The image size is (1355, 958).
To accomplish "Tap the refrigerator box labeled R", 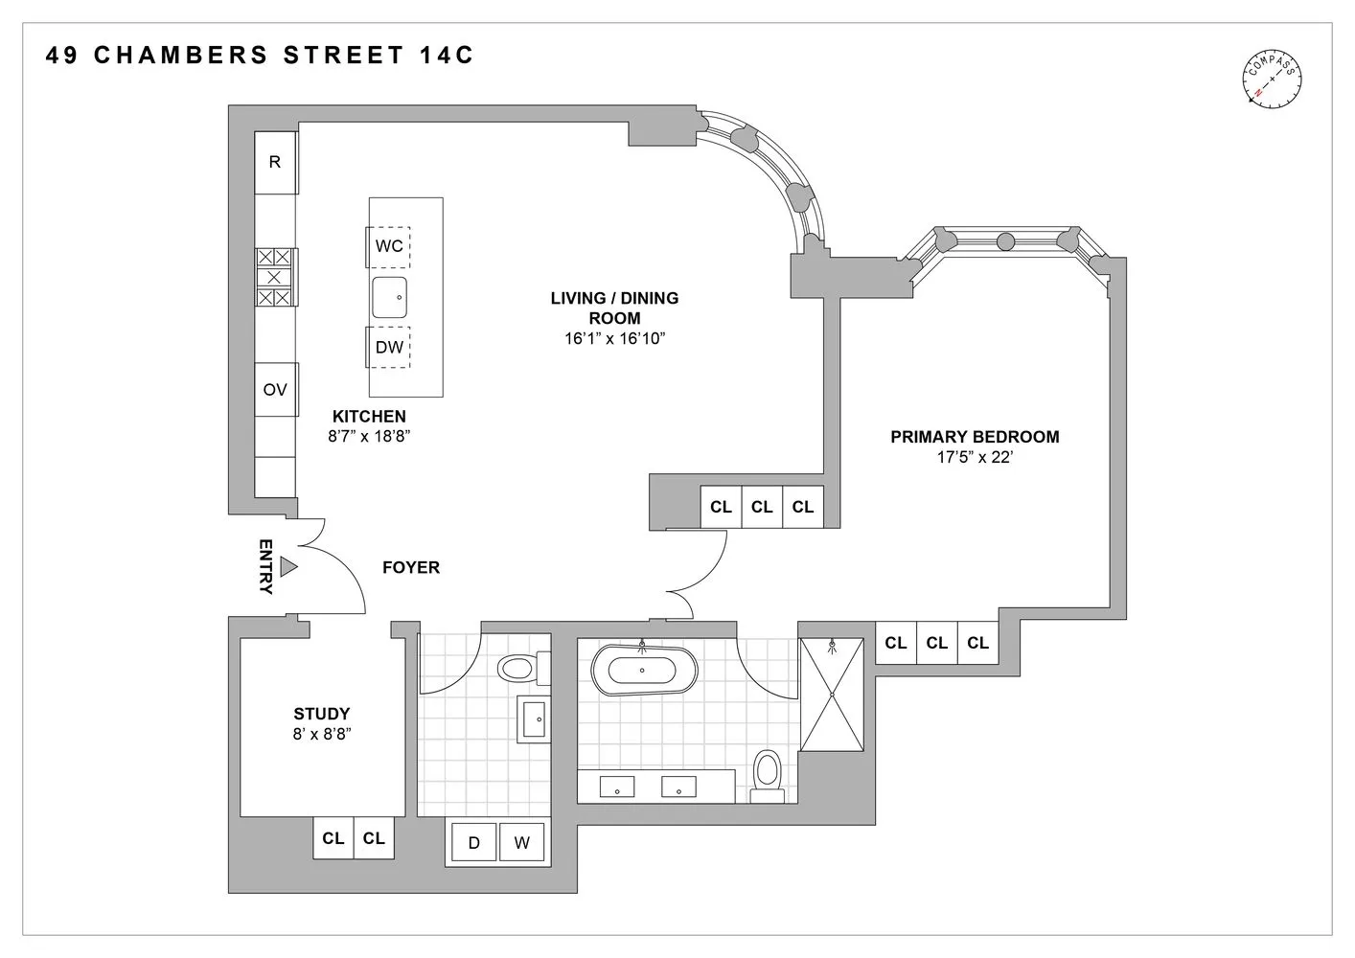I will pyautogui.click(x=275, y=162).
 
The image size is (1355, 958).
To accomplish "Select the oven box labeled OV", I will pyautogui.click(x=275, y=390).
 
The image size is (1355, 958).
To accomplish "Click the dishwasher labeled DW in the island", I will pyautogui.click(x=389, y=347).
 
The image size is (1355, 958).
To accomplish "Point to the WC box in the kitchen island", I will pyautogui.click(x=389, y=246).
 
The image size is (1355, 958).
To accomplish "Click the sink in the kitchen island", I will pyautogui.click(x=390, y=297).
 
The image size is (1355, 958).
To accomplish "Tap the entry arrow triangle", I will pyautogui.click(x=288, y=567).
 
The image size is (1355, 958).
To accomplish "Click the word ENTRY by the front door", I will pyautogui.click(x=265, y=567).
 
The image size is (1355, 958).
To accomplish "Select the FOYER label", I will pyautogui.click(x=411, y=567).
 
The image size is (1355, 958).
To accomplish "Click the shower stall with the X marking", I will pyautogui.click(x=832, y=695).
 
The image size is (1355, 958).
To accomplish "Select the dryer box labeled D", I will pyautogui.click(x=473, y=843).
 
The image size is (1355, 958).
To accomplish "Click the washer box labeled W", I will pyautogui.click(x=521, y=843).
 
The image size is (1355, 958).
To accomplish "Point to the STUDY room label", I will pyautogui.click(x=322, y=714).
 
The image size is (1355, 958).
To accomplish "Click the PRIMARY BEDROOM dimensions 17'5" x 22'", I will pyautogui.click(x=975, y=458).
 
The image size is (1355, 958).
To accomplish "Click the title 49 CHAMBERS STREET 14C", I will pyautogui.click(x=260, y=55).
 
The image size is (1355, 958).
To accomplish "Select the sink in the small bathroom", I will pyautogui.click(x=535, y=718).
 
